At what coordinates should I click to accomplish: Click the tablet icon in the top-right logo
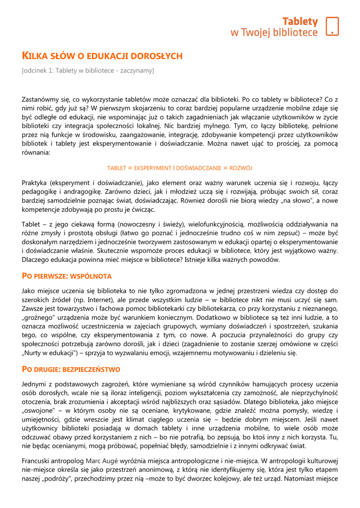[x=332, y=26]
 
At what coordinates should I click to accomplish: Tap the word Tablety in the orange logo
[x=300, y=21]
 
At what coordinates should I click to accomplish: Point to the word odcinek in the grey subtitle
[x=36, y=70]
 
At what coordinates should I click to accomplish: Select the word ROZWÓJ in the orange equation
[x=241, y=168]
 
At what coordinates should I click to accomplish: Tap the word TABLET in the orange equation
[x=117, y=168]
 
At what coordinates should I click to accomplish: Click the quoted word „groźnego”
[x=41, y=317]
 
